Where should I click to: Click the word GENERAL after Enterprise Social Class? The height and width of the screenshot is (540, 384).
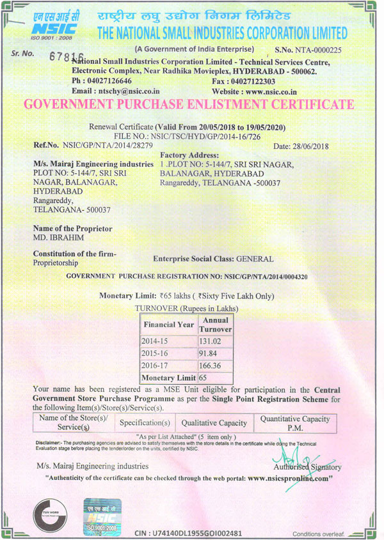[x=255, y=259]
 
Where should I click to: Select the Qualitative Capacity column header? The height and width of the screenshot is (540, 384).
[x=214, y=422]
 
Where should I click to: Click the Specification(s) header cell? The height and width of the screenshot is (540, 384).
[x=145, y=422]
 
